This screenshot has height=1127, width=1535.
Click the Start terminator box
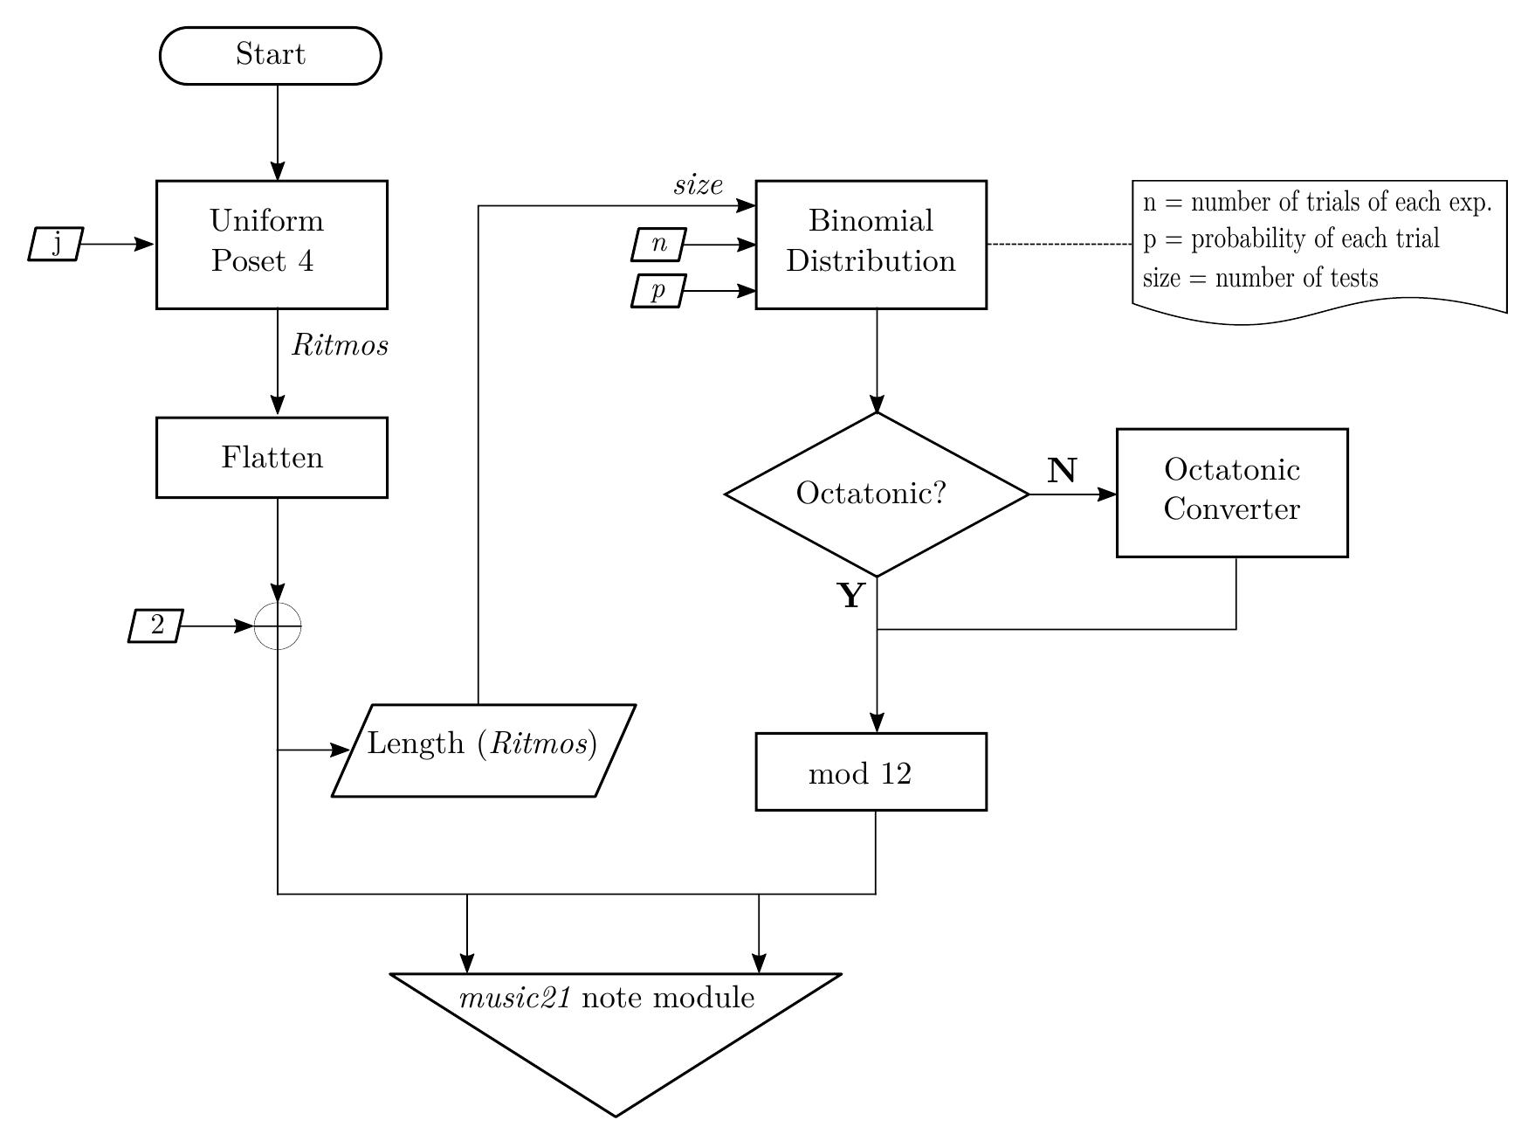click(271, 56)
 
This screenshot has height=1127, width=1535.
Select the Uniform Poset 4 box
click(272, 245)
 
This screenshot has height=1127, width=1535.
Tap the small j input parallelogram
click(55, 244)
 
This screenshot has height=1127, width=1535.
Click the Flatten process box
click(272, 458)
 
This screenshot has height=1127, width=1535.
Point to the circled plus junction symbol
click(278, 626)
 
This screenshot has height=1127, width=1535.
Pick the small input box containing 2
click(156, 626)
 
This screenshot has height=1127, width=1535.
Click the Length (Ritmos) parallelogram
click(483, 750)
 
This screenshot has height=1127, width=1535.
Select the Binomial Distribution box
click(871, 245)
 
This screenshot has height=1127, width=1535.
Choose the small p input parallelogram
click(658, 291)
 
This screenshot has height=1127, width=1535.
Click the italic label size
click(698, 185)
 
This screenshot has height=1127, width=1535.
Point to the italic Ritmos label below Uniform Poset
click(340, 346)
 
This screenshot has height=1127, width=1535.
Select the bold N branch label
click(1062, 472)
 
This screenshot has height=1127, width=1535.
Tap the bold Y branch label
click(851, 597)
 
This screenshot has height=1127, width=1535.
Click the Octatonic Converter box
click(1232, 493)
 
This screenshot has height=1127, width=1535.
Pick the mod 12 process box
click(871, 772)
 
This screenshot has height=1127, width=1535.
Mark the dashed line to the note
click(1059, 245)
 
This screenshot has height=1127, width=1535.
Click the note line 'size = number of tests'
click(1260, 279)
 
